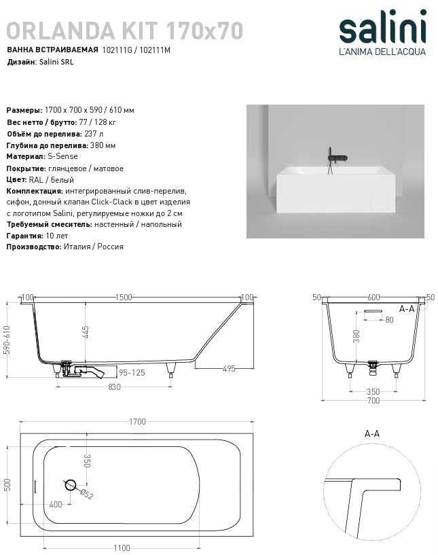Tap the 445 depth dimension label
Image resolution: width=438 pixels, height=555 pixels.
[86, 333]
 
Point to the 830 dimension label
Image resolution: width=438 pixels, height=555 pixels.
[114, 387]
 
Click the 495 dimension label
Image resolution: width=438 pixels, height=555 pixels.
[228, 369]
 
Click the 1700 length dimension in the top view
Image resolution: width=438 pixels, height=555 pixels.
[137, 422]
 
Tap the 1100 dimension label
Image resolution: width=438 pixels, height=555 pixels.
[122, 547]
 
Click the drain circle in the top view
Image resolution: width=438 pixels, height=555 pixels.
[70, 485]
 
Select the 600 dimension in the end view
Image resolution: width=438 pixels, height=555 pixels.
[373, 298]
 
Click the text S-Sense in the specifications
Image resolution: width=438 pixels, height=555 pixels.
[63, 156]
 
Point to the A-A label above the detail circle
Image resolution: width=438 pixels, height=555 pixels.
[372, 433]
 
